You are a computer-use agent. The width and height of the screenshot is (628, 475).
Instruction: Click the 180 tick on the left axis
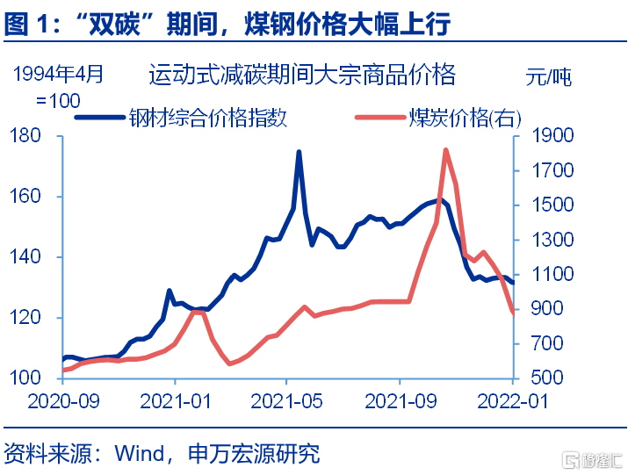click(25, 136)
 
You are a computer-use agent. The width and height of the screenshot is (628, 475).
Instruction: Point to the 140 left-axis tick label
click(25, 256)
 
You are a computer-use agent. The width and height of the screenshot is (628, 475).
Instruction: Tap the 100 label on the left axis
click(25, 378)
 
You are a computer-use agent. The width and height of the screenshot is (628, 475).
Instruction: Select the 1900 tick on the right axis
click(552, 136)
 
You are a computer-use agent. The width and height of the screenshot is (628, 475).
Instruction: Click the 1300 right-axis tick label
click(552, 240)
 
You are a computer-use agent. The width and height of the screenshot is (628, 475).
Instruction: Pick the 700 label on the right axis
click(547, 343)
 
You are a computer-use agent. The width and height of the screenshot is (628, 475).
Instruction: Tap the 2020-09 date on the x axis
click(63, 401)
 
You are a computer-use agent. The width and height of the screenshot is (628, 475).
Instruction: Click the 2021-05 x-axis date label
click(286, 401)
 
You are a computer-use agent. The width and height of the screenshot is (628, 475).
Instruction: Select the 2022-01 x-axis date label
click(513, 401)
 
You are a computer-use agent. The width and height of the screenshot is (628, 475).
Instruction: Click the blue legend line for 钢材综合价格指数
click(100, 118)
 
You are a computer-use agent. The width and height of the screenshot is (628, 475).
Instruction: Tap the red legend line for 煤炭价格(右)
click(380, 118)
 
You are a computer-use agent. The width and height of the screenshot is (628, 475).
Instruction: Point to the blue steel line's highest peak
click(299, 152)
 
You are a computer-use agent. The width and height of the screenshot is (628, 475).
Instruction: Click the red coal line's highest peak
click(445, 150)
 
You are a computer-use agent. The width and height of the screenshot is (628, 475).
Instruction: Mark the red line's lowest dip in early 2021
click(229, 363)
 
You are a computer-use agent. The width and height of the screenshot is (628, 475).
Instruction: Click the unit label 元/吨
click(548, 76)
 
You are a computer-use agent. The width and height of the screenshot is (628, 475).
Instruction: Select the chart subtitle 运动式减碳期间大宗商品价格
click(302, 74)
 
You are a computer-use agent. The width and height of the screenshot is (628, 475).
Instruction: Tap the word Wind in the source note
click(140, 454)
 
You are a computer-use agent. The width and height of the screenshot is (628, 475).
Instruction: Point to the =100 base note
click(58, 100)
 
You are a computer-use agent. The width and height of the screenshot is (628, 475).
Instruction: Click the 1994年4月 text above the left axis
click(59, 74)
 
